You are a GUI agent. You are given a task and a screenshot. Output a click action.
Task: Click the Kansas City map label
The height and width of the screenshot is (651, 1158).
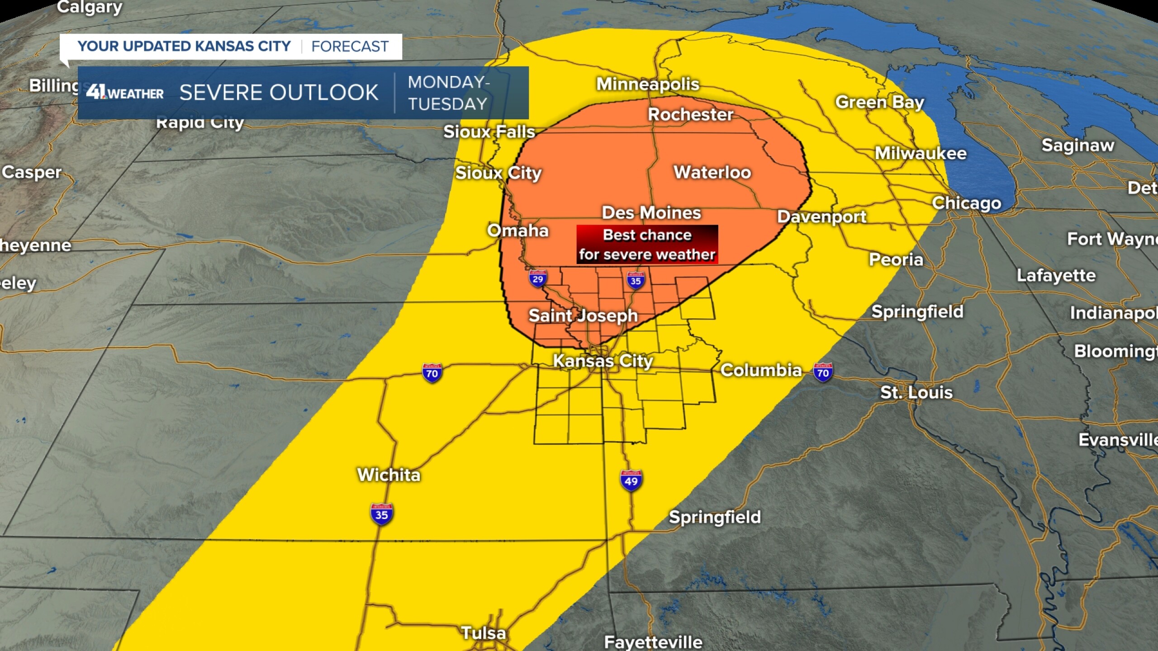pyautogui.click(x=603, y=361)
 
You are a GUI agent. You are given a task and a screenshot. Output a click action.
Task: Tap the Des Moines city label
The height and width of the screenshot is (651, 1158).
pyautogui.click(x=651, y=213)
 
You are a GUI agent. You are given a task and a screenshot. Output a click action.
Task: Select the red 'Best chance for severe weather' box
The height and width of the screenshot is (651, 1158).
pyautogui.click(x=647, y=245)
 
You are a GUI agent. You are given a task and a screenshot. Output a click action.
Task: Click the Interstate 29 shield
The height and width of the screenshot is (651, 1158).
pyautogui.click(x=537, y=278)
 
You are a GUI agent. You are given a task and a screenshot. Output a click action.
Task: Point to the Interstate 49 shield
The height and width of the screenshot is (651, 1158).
pyautogui.click(x=631, y=481)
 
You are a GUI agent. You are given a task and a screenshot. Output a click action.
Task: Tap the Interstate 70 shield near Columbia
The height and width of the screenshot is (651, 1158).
pyautogui.click(x=822, y=372)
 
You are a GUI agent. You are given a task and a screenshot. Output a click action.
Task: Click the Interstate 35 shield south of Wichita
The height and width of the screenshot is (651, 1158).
pyautogui.click(x=381, y=514)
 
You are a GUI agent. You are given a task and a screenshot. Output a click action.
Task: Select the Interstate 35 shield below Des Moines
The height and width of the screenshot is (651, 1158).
pyautogui.click(x=636, y=280)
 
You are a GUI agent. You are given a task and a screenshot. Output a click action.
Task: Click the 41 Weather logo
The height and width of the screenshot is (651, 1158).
pyautogui.click(x=125, y=93)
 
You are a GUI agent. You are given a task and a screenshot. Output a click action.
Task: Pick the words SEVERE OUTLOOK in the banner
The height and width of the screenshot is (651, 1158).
pyautogui.click(x=279, y=93)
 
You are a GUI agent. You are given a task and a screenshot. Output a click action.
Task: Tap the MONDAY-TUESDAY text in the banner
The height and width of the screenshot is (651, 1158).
pyautogui.click(x=448, y=93)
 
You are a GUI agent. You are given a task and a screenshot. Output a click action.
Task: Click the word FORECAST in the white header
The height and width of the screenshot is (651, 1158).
pyautogui.click(x=350, y=47)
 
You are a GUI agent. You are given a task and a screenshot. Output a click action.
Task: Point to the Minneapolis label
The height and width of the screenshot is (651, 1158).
pyautogui.click(x=647, y=84)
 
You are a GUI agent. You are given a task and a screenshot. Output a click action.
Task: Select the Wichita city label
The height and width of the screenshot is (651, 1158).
pyautogui.click(x=389, y=475)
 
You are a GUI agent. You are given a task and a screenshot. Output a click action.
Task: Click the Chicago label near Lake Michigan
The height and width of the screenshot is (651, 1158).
pyautogui.click(x=966, y=203)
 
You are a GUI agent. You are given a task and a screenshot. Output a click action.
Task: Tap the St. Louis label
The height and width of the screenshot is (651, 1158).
pyautogui.click(x=916, y=392)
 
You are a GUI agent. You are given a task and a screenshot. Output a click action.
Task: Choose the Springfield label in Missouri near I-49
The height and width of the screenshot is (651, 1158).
pyautogui.click(x=715, y=517)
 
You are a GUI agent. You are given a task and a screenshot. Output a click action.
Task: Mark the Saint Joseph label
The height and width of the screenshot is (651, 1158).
pyautogui.click(x=583, y=316)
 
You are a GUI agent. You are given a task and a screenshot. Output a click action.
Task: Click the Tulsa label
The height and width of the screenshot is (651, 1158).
pyautogui.click(x=483, y=633)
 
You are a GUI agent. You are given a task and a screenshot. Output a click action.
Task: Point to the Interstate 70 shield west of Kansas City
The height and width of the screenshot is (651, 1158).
pyautogui.click(x=432, y=373)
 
